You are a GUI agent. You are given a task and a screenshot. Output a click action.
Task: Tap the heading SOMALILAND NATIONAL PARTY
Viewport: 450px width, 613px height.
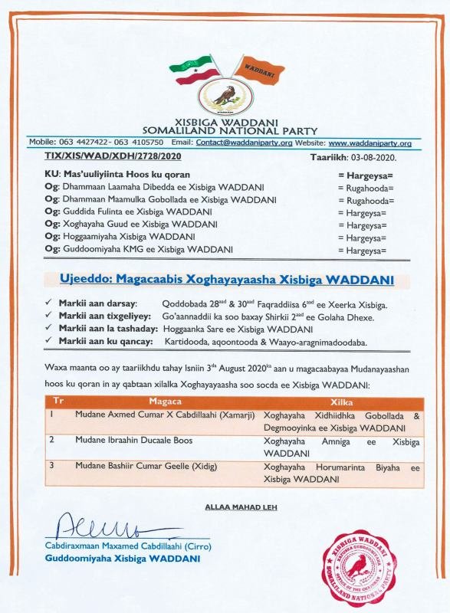225,131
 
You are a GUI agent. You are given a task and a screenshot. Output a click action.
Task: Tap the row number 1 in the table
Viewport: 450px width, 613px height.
52,415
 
